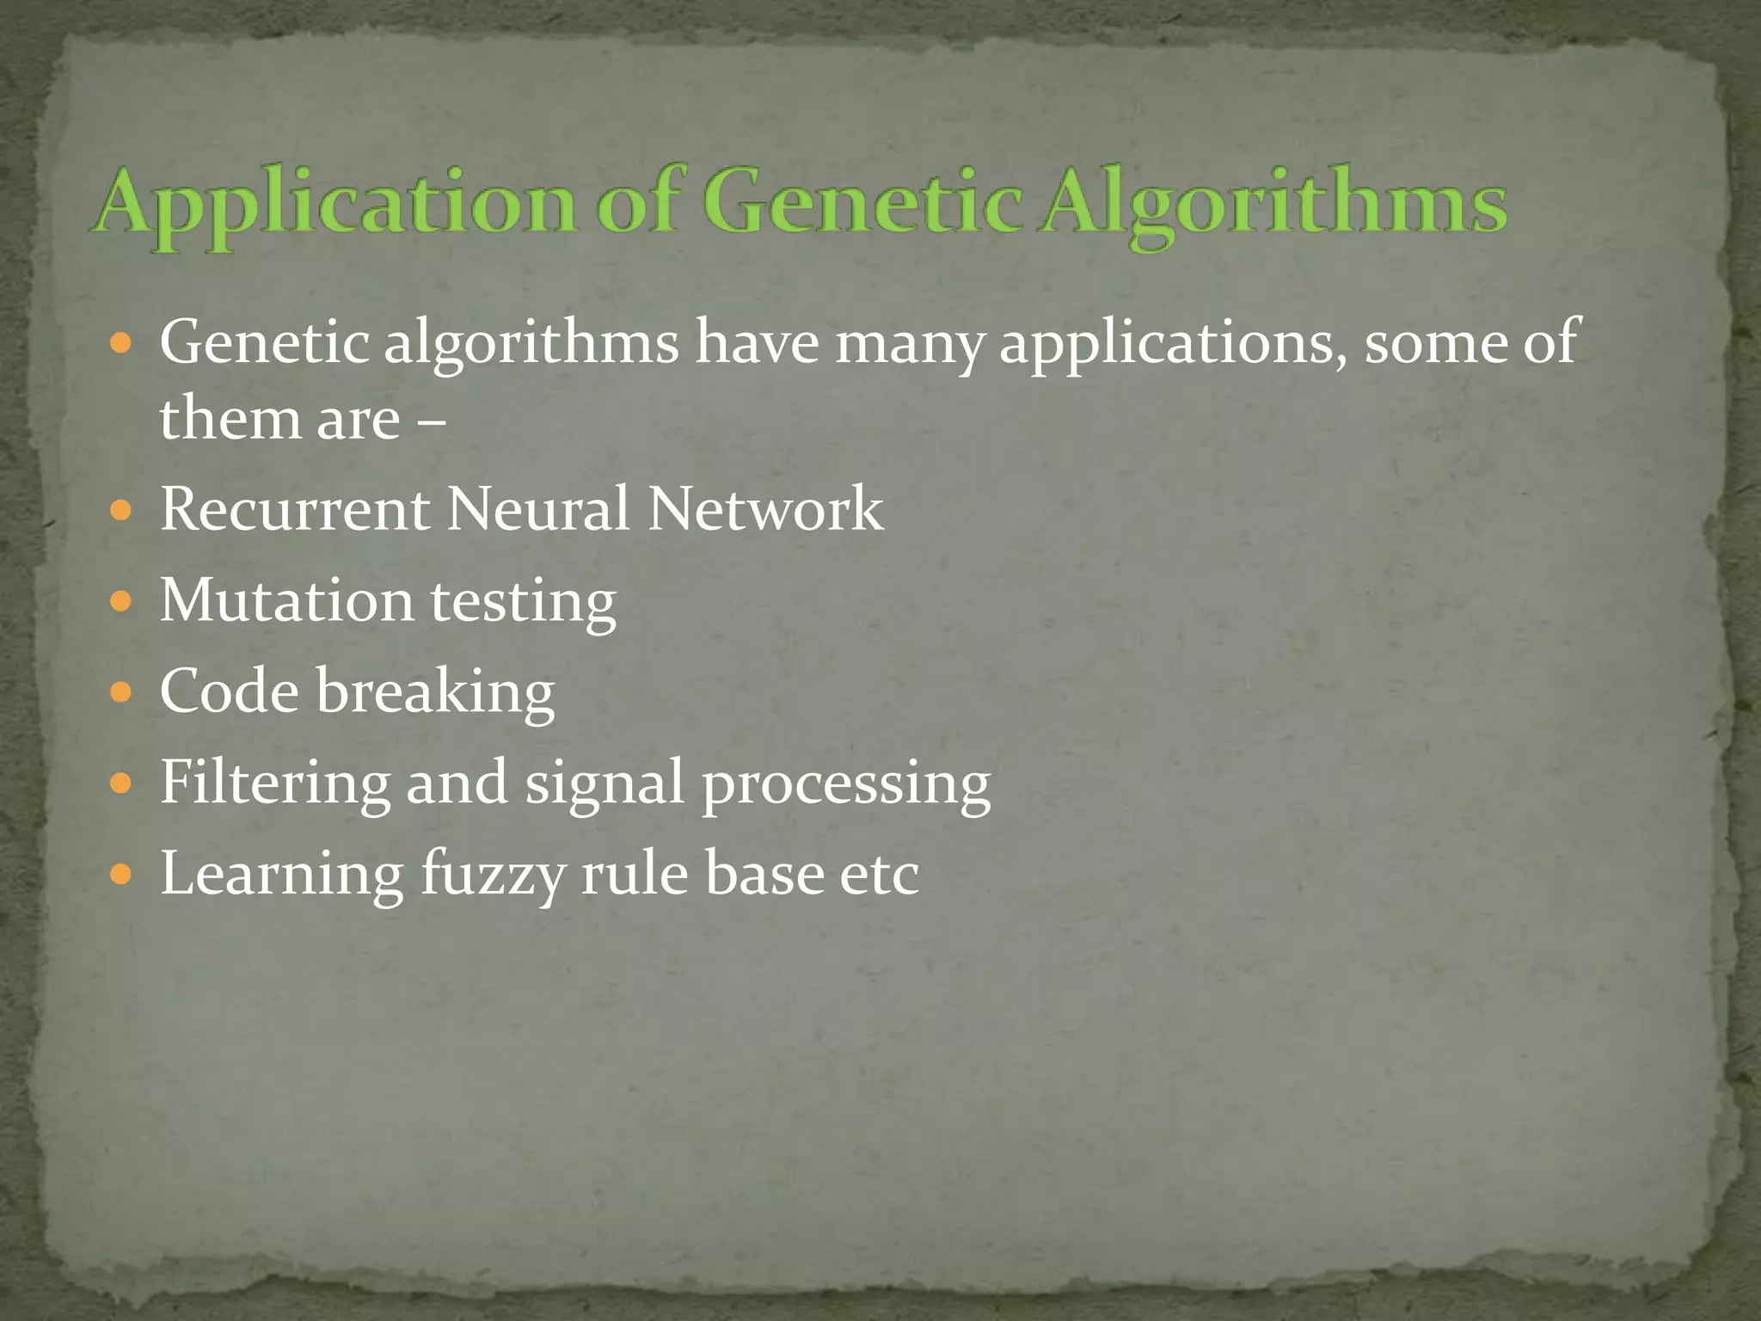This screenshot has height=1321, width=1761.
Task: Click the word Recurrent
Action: (x=294, y=509)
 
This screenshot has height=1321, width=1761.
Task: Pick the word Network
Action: (x=765, y=509)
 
